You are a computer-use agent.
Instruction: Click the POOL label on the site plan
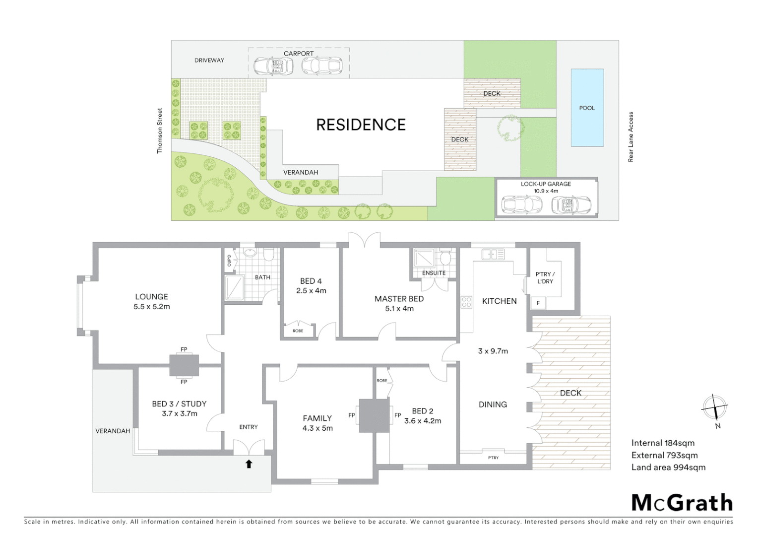[x=587, y=108]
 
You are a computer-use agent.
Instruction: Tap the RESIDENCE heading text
[x=361, y=125]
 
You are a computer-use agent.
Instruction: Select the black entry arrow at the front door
[x=249, y=464]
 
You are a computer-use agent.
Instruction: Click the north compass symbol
[x=715, y=408]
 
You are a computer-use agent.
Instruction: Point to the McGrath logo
[x=682, y=503]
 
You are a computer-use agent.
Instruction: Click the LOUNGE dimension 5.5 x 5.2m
[x=151, y=307]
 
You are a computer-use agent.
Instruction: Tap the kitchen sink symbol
[x=493, y=255]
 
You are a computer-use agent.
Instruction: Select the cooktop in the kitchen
[x=466, y=302]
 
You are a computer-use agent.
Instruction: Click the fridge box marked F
[x=538, y=303]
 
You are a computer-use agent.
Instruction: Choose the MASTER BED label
[x=399, y=299]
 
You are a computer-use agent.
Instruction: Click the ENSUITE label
[x=434, y=273]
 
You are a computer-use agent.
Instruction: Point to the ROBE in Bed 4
[x=298, y=331]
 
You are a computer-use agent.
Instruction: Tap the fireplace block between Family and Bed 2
[x=375, y=415]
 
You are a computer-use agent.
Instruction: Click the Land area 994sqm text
[x=668, y=467]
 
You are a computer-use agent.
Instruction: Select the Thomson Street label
[x=160, y=131]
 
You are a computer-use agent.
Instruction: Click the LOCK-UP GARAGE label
[x=546, y=184]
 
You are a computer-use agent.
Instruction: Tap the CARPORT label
[x=299, y=54]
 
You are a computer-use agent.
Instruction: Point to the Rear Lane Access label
[x=631, y=137]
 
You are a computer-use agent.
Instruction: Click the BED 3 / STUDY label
[x=179, y=404]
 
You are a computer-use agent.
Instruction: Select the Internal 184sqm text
[x=663, y=443]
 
